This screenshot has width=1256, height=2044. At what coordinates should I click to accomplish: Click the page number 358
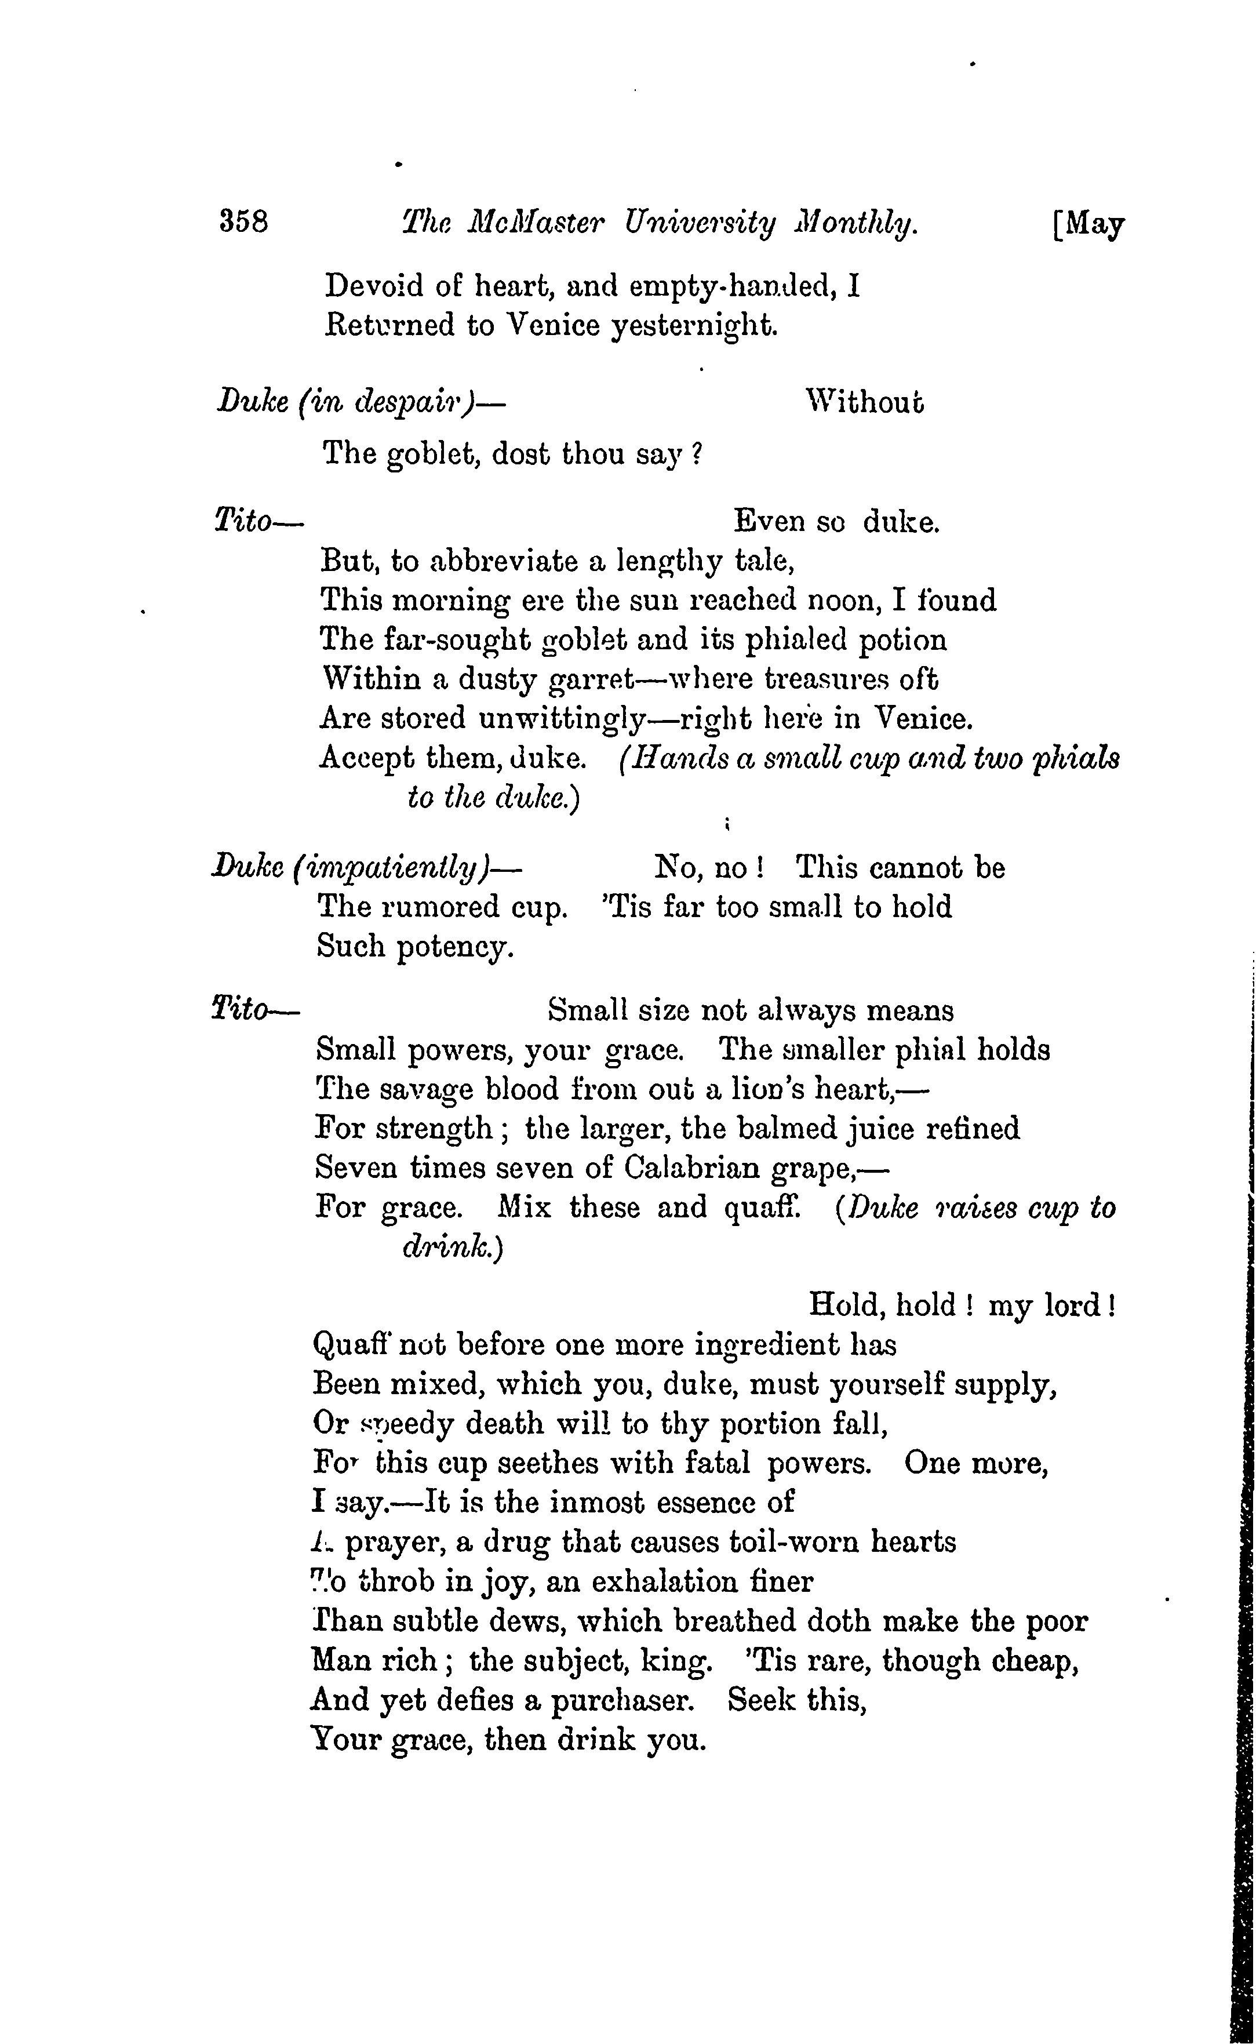point(243,222)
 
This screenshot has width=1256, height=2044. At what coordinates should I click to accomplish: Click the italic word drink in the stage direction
point(446,1248)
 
